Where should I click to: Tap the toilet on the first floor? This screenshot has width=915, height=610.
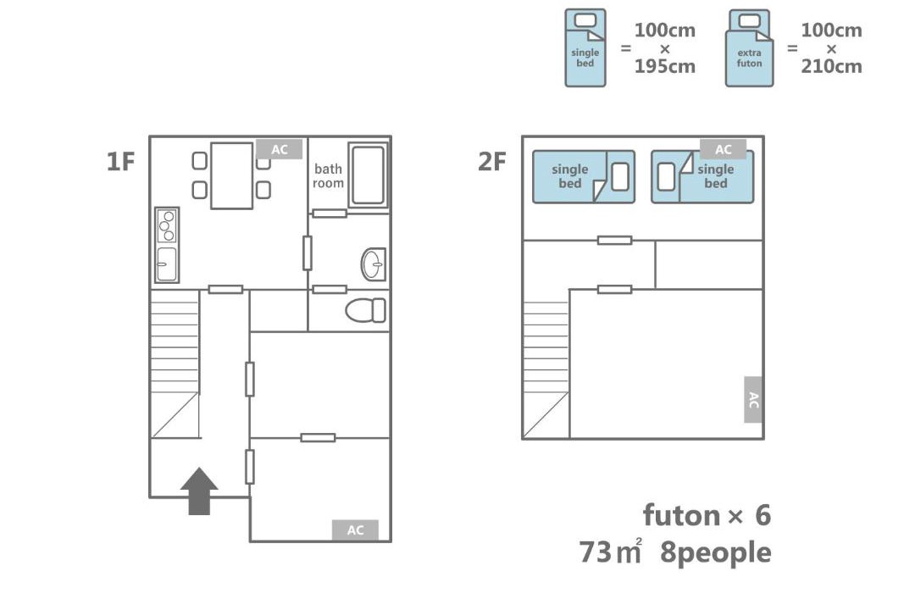click(365, 311)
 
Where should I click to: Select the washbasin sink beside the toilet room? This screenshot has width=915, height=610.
click(374, 264)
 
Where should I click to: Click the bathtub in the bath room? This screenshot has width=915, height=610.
click(369, 175)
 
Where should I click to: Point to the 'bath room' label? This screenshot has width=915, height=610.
click(328, 175)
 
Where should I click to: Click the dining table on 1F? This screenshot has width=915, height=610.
click(231, 175)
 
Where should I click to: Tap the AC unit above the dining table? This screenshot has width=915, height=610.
click(280, 149)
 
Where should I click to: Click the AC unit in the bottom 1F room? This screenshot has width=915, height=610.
click(355, 530)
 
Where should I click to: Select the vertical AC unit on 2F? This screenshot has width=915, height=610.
click(753, 400)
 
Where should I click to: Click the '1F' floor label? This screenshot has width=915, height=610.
click(121, 161)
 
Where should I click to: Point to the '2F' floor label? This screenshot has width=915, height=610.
click(491, 162)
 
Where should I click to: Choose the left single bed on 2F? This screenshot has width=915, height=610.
click(584, 177)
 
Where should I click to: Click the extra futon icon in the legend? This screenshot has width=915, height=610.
click(749, 47)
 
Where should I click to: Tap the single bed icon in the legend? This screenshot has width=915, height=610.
click(585, 47)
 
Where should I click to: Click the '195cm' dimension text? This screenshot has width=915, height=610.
click(665, 67)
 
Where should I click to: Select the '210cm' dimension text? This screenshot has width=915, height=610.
click(831, 67)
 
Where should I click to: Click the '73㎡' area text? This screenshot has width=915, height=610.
click(610, 552)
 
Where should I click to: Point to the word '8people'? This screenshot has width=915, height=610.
click(715, 552)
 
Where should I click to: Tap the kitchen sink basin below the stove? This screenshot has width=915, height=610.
click(167, 263)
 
